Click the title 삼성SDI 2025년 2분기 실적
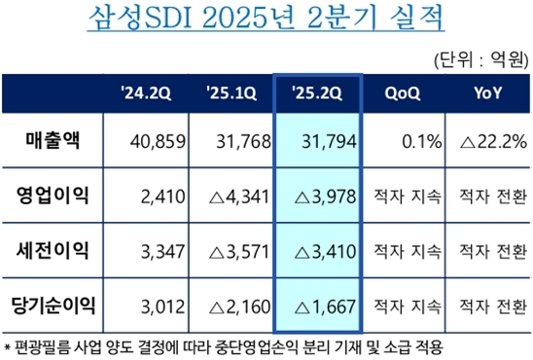(x=266, y=19)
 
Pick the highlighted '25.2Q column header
(x=319, y=93)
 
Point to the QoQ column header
(x=402, y=93)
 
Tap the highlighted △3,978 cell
(x=322, y=197)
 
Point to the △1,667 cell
(x=322, y=305)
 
